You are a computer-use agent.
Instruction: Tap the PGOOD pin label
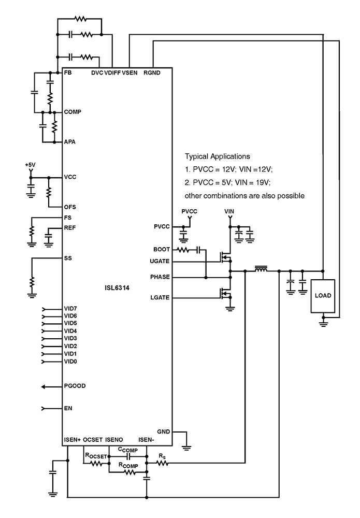tap(75, 386)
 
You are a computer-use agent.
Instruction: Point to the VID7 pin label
tap(70, 309)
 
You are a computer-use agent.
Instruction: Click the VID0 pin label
tap(70, 361)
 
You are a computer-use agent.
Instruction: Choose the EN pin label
tap(68, 409)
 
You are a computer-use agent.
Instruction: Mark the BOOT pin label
tap(162, 250)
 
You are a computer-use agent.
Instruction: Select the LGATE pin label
tap(161, 298)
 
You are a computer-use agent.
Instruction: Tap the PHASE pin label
tap(161, 278)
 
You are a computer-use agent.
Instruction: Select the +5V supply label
tap(30, 165)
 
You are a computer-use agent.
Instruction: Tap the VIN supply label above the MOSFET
tap(229, 212)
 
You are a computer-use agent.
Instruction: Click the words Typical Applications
tap(218, 155)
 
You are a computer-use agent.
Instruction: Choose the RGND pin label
tap(152, 74)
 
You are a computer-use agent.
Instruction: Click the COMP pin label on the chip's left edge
tap(73, 112)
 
